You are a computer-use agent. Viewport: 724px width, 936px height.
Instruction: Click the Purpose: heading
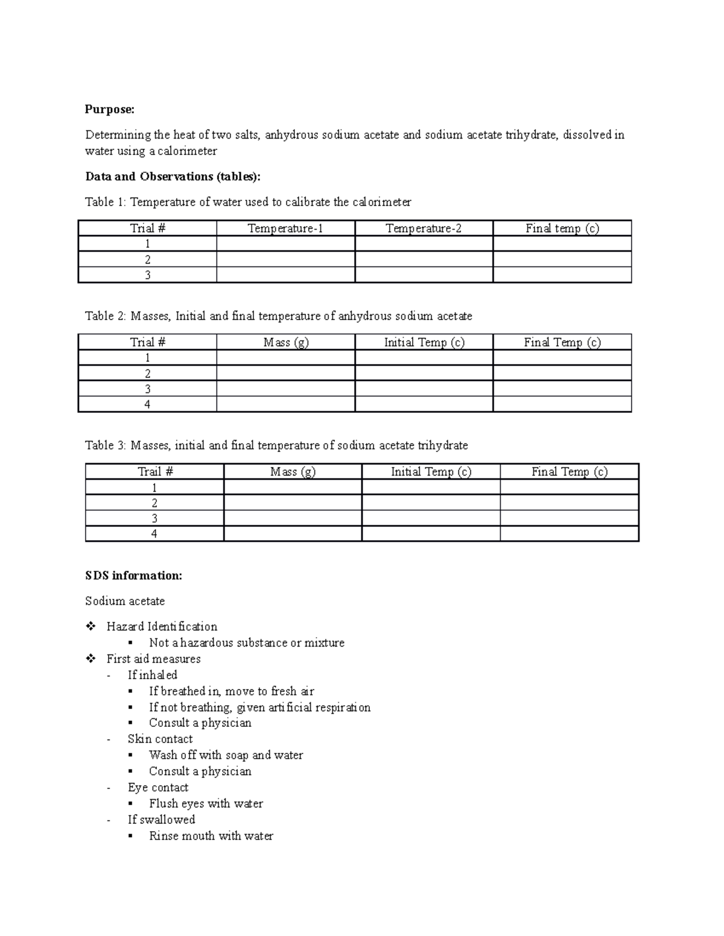(110, 109)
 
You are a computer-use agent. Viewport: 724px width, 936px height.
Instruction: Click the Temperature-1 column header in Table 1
(285, 228)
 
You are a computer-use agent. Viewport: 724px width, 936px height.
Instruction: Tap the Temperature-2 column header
(424, 228)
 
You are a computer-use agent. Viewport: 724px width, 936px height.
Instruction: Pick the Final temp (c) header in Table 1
(562, 228)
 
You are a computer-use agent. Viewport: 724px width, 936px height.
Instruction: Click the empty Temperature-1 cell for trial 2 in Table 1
(285, 260)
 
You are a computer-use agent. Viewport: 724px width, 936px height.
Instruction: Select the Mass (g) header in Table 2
(285, 342)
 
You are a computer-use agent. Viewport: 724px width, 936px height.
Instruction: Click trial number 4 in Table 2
(147, 404)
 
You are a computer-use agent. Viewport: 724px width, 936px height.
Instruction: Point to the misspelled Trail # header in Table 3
(155, 472)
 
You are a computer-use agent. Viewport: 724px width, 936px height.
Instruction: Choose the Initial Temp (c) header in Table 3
(431, 472)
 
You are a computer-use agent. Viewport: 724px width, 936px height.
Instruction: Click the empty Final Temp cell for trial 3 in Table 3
(569, 518)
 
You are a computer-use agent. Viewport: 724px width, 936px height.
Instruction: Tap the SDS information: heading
(133, 576)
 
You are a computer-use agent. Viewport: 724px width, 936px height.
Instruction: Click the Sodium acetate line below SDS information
(125, 601)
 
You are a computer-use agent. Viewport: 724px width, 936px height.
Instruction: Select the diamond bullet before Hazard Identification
(91, 626)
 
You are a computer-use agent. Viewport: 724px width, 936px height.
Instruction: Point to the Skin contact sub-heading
(160, 739)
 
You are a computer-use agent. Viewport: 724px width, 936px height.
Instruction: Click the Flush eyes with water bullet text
(206, 803)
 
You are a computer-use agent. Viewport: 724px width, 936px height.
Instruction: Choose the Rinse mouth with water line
(211, 836)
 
